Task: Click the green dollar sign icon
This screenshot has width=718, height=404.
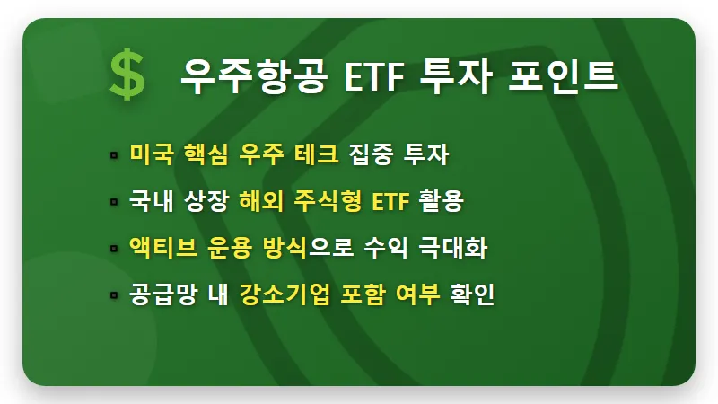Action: (x=127, y=74)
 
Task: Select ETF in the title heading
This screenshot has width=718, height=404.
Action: (x=376, y=74)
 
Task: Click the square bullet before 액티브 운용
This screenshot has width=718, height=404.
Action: (x=114, y=248)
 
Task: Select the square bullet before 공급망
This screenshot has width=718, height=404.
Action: (x=114, y=294)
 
